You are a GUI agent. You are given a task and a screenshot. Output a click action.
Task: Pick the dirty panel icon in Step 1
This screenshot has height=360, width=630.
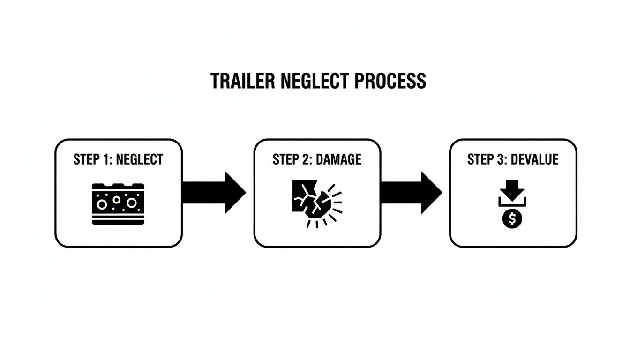tap(118, 203)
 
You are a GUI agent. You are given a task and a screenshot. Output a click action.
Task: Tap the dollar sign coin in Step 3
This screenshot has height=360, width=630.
tap(512, 219)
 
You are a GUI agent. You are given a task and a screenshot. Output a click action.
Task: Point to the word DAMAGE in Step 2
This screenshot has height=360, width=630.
tap(339, 159)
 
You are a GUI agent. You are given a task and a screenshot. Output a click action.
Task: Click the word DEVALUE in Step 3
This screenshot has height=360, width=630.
tap(534, 159)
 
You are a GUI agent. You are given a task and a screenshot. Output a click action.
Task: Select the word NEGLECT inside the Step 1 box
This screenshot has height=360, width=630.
tap(139, 159)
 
